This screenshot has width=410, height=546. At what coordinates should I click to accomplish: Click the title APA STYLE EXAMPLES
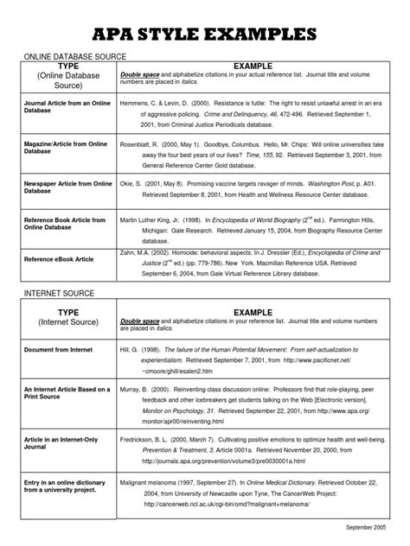coord(205,35)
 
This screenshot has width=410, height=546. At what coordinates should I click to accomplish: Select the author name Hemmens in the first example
coord(139,101)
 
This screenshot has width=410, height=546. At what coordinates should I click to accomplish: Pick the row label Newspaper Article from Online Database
coord(68,187)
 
